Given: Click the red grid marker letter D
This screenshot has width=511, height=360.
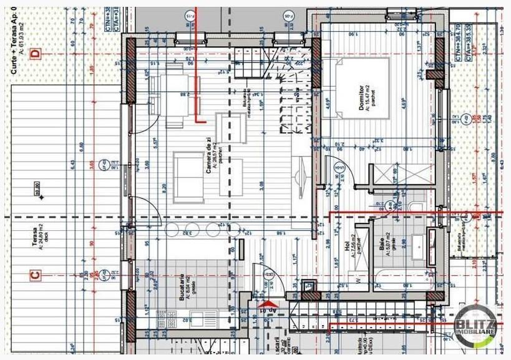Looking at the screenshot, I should (x=35, y=54).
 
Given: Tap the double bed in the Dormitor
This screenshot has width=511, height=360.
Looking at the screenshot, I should (x=356, y=87).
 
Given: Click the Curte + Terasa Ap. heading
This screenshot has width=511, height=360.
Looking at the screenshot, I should (x=14, y=37).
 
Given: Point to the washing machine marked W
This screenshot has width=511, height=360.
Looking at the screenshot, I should (x=358, y=280).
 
